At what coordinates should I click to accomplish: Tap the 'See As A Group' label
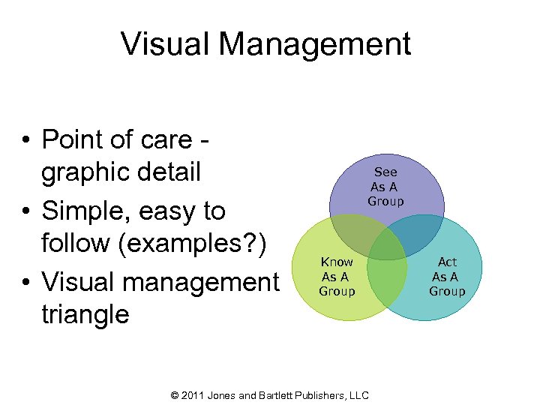click(385, 187)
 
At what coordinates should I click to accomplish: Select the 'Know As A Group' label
click(337, 276)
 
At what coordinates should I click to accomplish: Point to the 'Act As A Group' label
click(447, 276)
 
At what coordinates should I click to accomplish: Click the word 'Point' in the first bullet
click(73, 139)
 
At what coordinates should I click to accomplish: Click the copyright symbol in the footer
click(176, 394)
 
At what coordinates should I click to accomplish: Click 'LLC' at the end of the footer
click(358, 394)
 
